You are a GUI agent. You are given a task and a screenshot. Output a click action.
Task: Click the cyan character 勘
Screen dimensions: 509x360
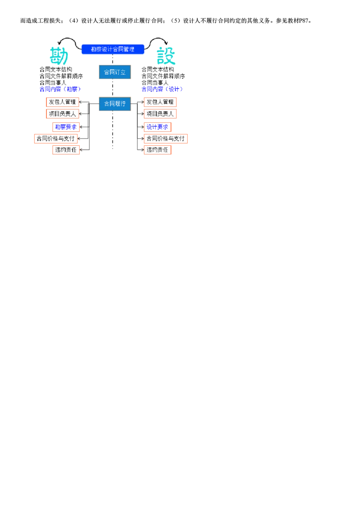point(58,57)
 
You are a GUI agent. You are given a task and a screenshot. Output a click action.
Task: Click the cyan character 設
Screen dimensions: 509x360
point(166,57)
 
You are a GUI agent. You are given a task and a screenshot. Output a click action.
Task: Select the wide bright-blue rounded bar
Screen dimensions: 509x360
point(112,49)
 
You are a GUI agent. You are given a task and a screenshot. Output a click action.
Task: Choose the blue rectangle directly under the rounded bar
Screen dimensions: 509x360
point(115,72)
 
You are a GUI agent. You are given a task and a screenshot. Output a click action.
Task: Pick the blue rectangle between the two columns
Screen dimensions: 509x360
point(115,104)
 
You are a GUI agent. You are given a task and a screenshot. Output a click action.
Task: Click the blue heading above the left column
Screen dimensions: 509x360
point(61,89)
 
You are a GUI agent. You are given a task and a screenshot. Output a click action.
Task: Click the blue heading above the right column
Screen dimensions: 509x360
point(162,89)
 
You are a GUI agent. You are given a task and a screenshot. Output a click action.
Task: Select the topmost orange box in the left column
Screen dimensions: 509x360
point(62,102)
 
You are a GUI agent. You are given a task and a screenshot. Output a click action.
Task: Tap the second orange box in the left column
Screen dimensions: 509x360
point(62,114)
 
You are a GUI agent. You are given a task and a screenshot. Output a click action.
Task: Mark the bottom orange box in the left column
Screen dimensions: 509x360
point(66,150)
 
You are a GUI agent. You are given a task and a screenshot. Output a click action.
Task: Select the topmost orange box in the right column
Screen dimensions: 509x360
point(160,102)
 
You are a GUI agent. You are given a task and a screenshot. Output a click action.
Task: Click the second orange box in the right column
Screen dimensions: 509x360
point(160,114)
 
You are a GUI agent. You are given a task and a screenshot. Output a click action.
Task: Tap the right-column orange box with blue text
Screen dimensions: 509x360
point(157,127)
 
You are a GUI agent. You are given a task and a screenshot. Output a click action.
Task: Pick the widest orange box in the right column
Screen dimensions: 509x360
point(165,138)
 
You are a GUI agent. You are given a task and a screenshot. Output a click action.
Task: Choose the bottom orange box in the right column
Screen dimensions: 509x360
point(157,150)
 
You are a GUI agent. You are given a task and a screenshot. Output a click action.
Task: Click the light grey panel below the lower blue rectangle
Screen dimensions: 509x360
point(100,130)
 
